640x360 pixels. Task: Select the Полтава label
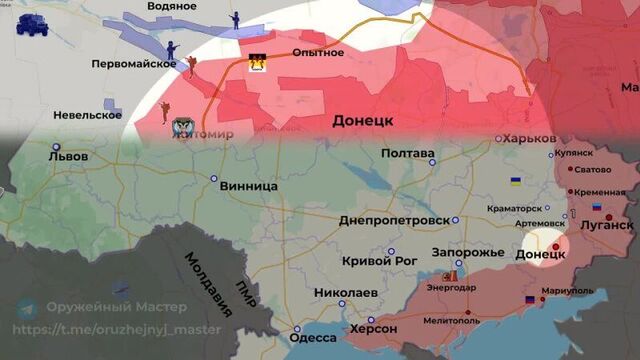tap(407, 153)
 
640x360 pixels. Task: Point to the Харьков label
tap(529, 138)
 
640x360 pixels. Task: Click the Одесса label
tap(312, 338)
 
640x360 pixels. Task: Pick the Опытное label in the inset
tap(311, 52)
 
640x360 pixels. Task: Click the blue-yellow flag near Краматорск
tap(516, 181)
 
